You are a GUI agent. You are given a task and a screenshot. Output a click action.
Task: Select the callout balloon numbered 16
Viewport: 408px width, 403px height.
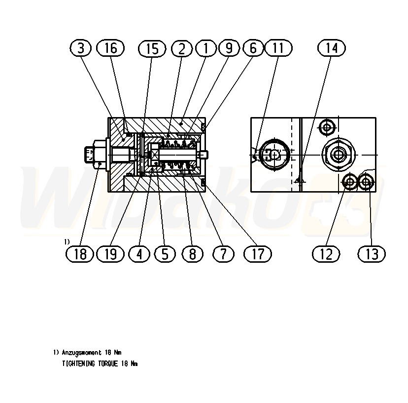110,48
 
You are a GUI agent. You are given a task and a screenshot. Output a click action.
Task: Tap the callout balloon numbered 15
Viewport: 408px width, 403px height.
152,48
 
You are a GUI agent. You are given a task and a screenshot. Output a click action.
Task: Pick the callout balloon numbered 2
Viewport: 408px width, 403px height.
182,48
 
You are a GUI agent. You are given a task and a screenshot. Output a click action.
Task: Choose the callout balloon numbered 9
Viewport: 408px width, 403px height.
229,48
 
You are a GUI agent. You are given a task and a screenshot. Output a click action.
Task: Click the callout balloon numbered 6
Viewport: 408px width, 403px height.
253,48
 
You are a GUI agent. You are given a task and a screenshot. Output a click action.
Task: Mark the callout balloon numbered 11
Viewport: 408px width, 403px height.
278,48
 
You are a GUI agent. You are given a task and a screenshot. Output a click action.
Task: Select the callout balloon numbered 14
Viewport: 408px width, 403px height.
332,48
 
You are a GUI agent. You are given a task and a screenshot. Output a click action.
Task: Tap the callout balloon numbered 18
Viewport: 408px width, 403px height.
80,254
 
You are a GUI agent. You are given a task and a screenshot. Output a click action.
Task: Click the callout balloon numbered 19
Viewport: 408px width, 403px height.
110,254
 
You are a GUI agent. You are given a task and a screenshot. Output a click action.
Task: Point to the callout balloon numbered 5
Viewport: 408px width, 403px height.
165,254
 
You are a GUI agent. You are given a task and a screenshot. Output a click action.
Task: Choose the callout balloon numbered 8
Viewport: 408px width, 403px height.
192,254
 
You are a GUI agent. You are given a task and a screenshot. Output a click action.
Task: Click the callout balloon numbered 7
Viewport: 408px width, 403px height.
223,254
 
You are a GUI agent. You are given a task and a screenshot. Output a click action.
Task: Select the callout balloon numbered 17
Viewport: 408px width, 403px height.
258,254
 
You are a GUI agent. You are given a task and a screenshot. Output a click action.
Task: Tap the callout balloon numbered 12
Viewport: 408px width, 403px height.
326,254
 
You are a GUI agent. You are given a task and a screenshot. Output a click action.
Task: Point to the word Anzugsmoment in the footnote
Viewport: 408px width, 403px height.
80,353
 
